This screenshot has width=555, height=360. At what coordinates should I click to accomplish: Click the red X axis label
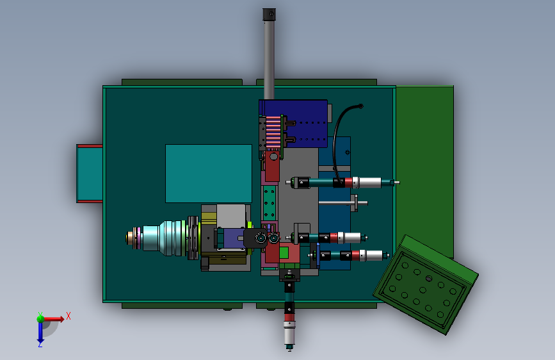(x=68, y=316)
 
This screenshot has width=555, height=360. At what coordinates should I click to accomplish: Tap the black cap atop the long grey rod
(x=269, y=15)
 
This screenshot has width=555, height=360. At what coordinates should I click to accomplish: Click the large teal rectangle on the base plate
(x=209, y=174)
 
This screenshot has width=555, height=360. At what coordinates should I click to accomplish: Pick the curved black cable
(x=339, y=142)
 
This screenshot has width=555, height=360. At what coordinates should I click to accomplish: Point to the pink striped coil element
(x=273, y=133)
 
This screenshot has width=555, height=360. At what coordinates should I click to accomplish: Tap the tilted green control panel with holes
(x=426, y=284)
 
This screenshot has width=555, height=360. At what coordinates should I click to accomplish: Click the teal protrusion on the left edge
(x=90, y=174)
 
